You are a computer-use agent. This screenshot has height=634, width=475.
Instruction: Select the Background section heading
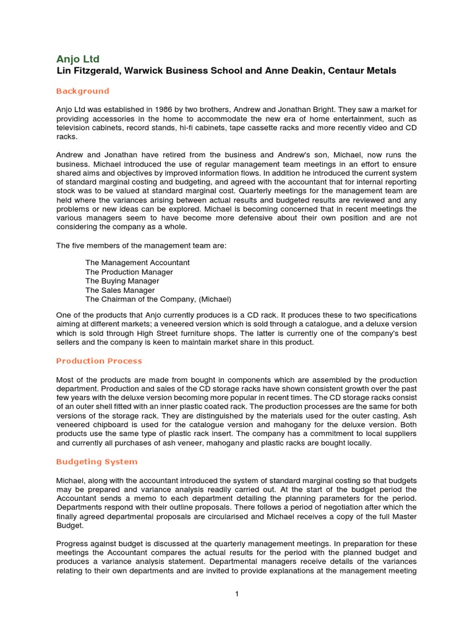pos(82,91)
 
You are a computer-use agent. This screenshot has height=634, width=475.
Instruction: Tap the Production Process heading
pos(99,361)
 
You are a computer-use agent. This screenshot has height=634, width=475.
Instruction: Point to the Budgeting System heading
pos(96,462)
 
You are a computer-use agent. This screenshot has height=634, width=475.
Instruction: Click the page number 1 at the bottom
pos(237,594)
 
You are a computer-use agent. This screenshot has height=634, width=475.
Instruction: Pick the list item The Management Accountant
pos(137,263)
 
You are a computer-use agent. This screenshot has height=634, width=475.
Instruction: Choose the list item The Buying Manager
pos(122,281)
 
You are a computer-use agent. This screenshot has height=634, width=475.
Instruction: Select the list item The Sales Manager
pos(120,290)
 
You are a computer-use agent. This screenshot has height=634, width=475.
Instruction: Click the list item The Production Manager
pos(129,272)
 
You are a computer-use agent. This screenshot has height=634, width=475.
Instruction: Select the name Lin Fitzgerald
pos(86,71)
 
